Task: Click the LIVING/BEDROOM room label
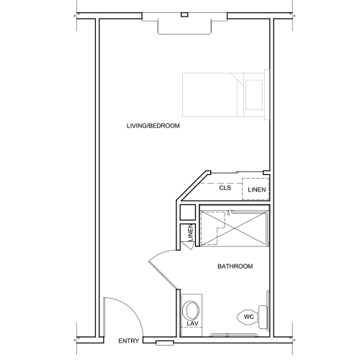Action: click(153, 126)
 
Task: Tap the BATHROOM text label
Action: click(235, 267)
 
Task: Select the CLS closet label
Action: click(225, 188)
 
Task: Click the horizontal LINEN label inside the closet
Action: click(257, 190)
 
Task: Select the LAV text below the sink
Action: click(192, 324)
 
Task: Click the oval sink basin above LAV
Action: click(192, 310)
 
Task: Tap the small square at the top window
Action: click(184, 14)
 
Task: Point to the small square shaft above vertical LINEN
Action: click(187, 212)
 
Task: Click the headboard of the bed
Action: click(267, 94)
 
